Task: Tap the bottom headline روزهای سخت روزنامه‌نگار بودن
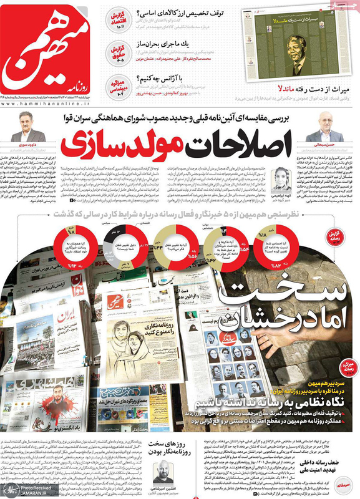187,448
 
